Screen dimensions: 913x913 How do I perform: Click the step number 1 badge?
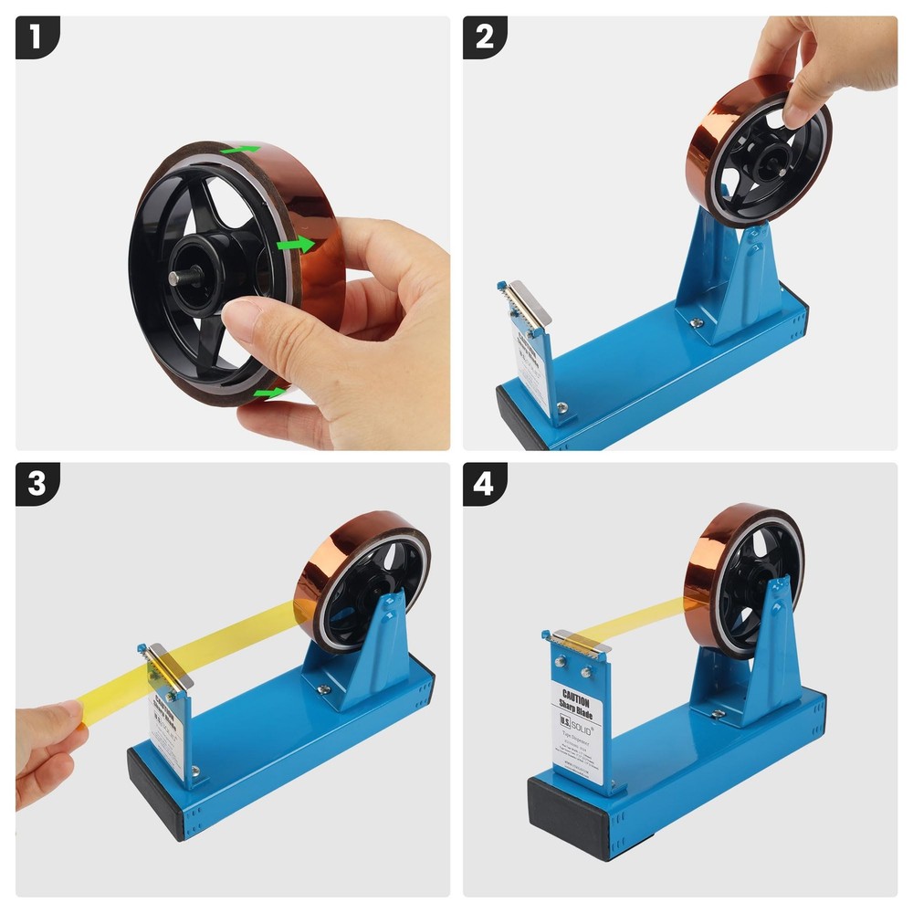(x=36, y=37)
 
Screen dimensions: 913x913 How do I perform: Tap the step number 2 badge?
(x=485, y=37)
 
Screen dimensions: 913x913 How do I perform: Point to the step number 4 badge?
(x=485, y=484)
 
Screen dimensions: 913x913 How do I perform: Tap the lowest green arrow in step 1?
(x=268, y=393)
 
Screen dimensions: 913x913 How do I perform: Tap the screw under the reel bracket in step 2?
(x=697, y=321)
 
